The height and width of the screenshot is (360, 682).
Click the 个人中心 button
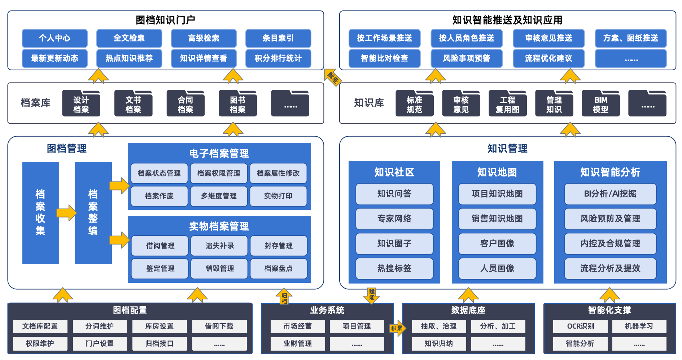[54, 38]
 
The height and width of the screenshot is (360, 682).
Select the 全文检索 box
[129, 38]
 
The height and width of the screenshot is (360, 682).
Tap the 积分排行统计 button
[278, 58]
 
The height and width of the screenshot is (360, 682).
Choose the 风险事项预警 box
[466, 58]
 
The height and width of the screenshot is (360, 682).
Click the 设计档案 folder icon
[81, 104]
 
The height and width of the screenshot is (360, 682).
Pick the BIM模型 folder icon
[600, 104]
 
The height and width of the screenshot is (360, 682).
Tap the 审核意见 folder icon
[461, 104]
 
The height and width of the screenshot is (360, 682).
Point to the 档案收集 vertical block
[40, 213]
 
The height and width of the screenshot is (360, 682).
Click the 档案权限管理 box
[219, 173]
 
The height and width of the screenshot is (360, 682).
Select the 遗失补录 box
[219, 246]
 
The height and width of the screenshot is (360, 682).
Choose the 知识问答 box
[394, 194]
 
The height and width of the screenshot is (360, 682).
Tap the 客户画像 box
[497, 243]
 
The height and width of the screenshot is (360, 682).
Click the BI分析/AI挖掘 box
[610, 194]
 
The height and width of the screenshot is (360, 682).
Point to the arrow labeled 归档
[284, 297]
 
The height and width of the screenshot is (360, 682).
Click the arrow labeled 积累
[397, 328]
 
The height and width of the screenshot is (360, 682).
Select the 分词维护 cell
[100, 326]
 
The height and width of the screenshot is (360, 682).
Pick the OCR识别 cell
[580, 326]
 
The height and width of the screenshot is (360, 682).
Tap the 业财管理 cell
[297, 343]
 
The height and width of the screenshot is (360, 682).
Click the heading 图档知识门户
[165, 20]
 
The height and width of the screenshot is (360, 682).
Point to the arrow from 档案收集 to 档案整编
[67, 213]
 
